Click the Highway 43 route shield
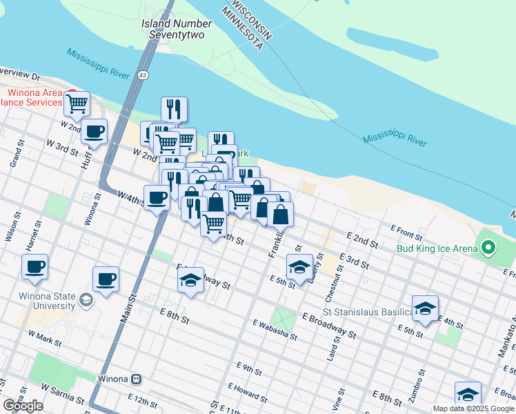click(142, 75)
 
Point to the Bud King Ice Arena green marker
click(489, 247)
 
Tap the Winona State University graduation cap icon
click(86, 299)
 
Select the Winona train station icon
click(137, 379)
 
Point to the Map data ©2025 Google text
click(473, 408)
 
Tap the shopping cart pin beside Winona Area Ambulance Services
click(77, 103)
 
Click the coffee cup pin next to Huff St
click(94, 131)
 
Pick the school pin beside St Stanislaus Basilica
click(425, 308)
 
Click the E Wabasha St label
click(274, 330)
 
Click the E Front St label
click(406, 229)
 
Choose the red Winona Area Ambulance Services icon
click(72, 92)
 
